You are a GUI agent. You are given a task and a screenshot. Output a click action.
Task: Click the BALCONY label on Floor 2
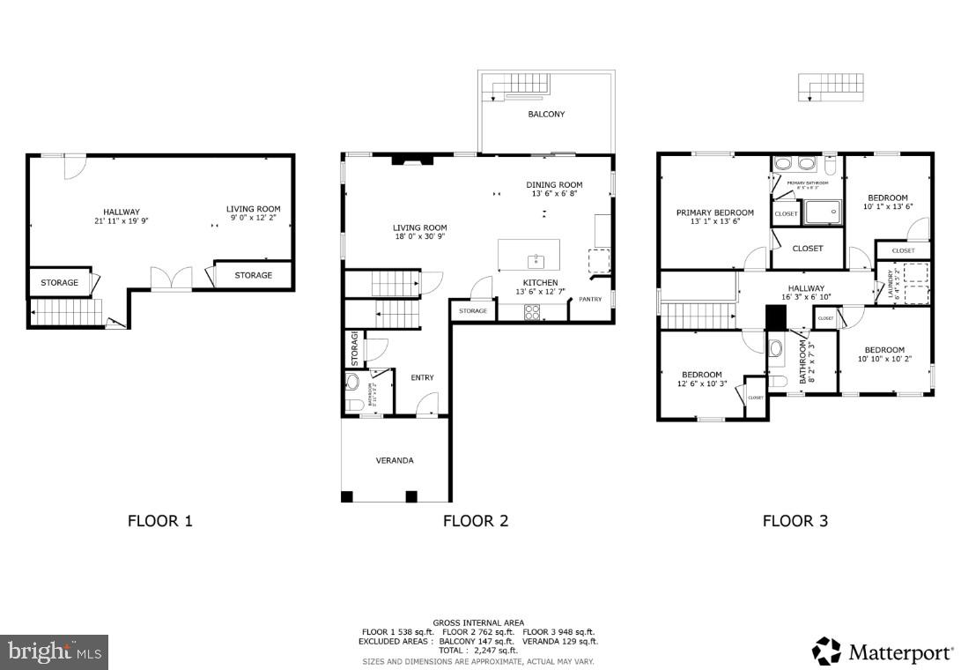pyautogui.click(x=546, y=115)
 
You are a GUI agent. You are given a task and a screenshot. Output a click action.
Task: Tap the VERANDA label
pyautogui.click(x=394, y=460)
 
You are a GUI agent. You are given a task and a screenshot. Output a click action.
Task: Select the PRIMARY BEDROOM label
pyautogui.click(x=714, y=212)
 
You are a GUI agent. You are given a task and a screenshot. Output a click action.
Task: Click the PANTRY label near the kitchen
pyautogui.click(x=590, y=299)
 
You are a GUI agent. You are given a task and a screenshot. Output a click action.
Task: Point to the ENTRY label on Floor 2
pyautogui.click(x=422, y=377)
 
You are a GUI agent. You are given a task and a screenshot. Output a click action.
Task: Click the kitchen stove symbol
pyautogui.click(x=533, y=310)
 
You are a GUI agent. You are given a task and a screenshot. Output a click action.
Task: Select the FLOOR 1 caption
pyautogui.click(x=159, y=521)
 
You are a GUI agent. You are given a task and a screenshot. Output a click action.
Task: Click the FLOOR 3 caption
pyautogui.click(x=795, y=521)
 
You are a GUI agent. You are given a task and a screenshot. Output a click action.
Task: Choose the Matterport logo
pyautogui.click(x=881, y=651)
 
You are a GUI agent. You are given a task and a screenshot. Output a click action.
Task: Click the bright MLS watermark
pyautogui.click(x=54, y=651)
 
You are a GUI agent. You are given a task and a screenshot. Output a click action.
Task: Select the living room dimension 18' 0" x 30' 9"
pyautogui.click(x=420, y=237)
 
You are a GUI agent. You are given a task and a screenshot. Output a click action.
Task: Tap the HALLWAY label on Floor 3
pyautogui.click(x=806, y=288)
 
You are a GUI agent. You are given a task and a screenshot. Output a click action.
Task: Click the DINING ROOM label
pyautogui.click(x=554, y=185)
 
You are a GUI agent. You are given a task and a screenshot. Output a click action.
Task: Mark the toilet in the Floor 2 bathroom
pyautogui.click(x=352, y=405)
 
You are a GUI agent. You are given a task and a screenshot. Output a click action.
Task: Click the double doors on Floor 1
pyautogui.click(x=171, y=279)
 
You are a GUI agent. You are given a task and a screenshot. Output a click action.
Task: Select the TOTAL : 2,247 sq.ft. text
pyautogui.click(x=478, y=650)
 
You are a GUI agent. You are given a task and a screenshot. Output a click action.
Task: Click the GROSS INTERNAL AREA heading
pyautogui.click(x=478, y=623)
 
